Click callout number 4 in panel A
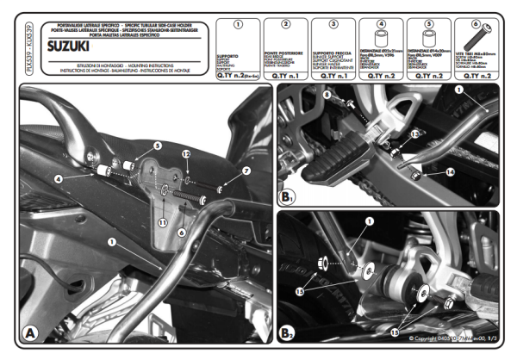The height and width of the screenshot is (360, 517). click(58, 178)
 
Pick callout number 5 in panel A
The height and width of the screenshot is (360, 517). click(158, 146)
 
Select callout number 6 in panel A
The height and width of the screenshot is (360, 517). click(182, 233)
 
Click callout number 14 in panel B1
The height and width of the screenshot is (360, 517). click(450, 172)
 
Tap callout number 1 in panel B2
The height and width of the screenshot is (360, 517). click(369, 221)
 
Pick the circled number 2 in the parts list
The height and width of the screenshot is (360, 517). click(285, 23)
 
